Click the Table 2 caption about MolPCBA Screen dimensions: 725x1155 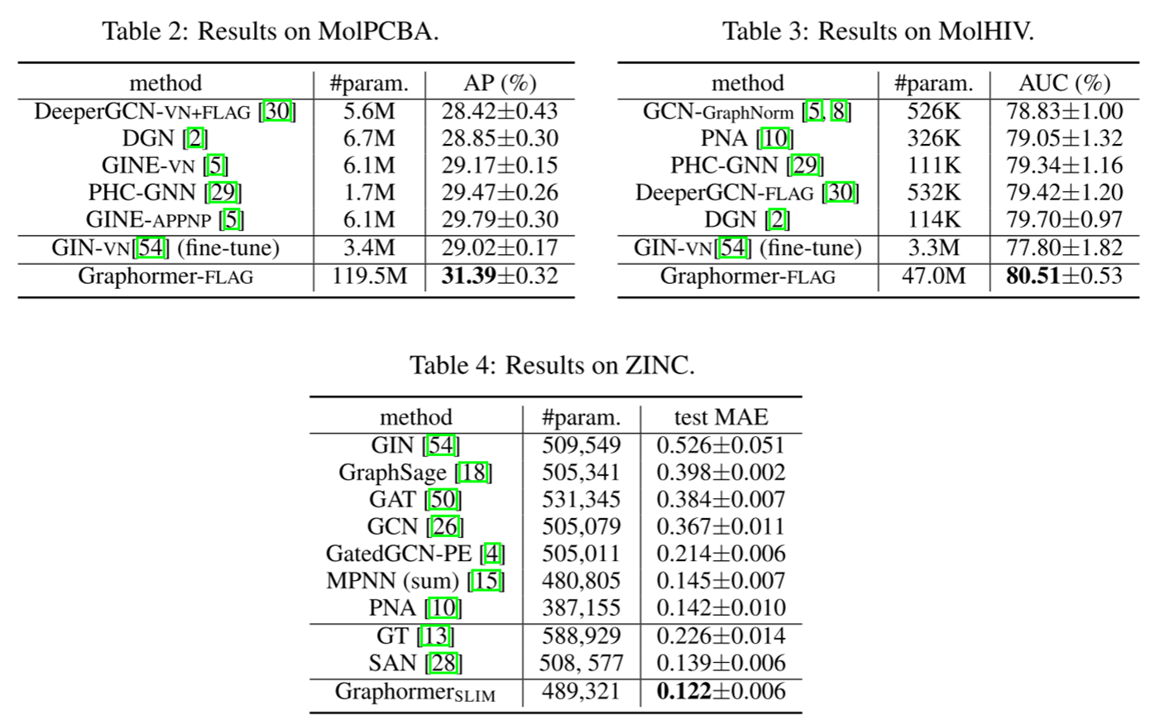(270, 31)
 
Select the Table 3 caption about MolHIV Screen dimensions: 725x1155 (878, 31)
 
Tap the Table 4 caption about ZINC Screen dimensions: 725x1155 (552, 365)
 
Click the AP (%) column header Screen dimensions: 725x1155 (499, 84)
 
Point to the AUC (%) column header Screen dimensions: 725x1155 (1064, 84)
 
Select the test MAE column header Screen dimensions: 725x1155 (721, 417)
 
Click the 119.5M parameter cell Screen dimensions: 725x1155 (369, 276)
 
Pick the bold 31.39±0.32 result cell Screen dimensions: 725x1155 (499, 276)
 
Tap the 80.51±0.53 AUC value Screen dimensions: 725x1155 (1064, 276)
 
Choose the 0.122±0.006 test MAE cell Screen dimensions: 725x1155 (721, 691)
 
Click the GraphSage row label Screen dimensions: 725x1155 (392, 473)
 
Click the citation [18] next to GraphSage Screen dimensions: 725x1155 (474, 473)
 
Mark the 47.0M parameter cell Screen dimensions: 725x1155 (933, 276)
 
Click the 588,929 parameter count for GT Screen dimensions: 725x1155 (581, 636)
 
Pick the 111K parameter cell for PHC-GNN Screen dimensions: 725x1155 (933, 166)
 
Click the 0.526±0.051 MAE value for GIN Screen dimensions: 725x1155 (721, 445)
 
